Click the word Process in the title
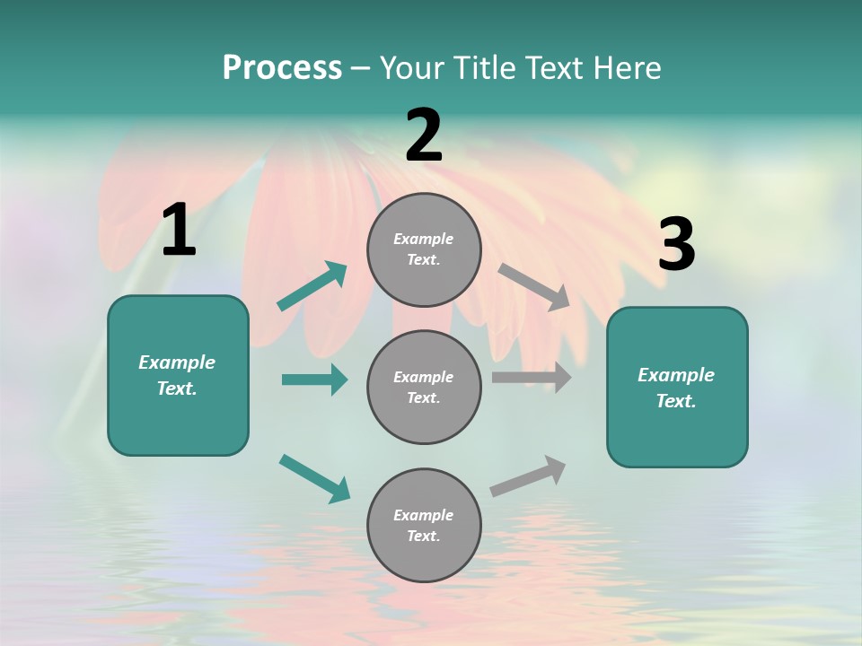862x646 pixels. point(282,68)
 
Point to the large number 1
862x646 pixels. point(179,231)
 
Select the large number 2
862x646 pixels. point(424,135)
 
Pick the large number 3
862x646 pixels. point(676,245)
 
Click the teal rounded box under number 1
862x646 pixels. point(178,375)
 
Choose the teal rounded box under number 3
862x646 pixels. point(677,388)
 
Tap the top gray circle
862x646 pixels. point(424,249)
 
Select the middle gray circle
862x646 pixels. point(424,387)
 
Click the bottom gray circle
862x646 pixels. point(424,525)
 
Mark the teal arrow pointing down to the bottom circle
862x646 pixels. point(314,478)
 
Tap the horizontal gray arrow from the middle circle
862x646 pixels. point(532,378)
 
